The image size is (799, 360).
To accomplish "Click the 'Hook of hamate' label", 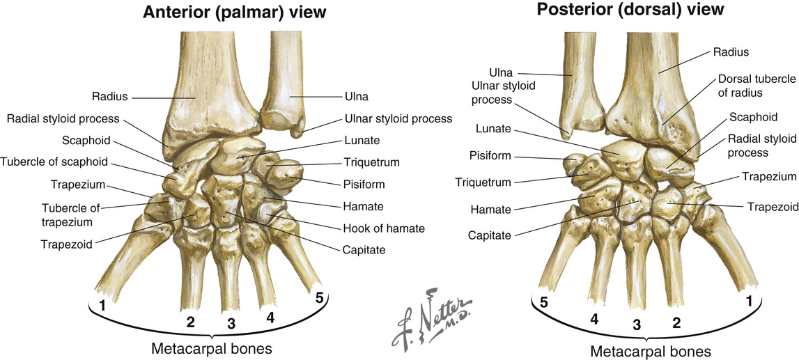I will [x=383, y=228].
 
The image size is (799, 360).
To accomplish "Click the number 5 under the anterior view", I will [x=319, y=297].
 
